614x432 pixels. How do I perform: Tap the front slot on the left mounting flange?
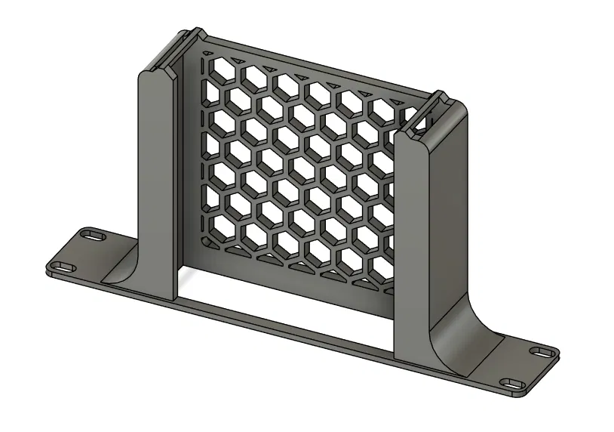click(x=60, y=266)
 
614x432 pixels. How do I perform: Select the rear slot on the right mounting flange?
click(x=541, y=353)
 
